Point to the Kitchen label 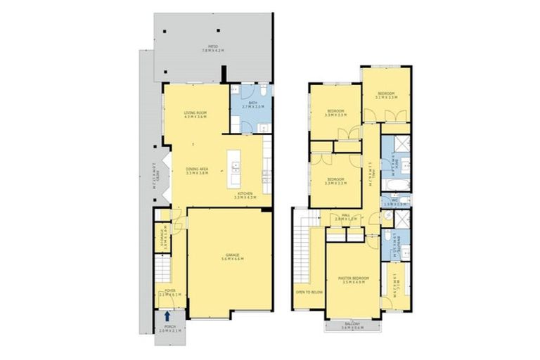tap(246, 196)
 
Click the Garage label tap(231, 257)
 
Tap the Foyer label tap(169, 292)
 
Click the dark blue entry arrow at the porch tap(167, 318)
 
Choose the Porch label tap(169, 330)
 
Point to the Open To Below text tap(308, 292)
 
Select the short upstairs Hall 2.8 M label tap(346, 218)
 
